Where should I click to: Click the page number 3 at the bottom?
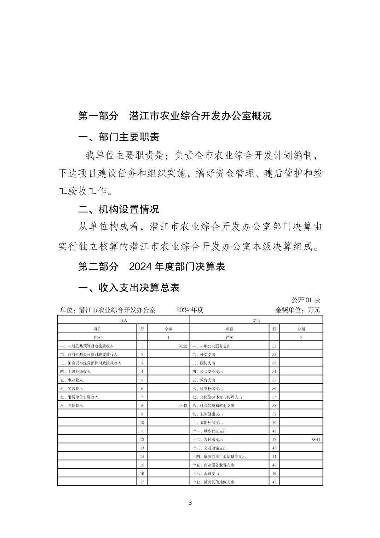190,503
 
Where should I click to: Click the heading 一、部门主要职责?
119,137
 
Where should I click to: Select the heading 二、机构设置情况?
119,209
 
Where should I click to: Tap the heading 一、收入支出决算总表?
129,287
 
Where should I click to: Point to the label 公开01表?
305,300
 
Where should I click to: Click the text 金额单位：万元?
298,310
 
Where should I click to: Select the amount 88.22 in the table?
183,346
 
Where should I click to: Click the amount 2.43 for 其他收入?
183,406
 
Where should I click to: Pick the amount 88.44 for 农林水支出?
316,440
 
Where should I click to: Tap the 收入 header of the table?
123,320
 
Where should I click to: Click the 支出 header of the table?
256,320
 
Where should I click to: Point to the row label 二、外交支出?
204,355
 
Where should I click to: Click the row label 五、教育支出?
204,380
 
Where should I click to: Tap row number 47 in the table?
274,482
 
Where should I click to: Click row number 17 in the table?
142,482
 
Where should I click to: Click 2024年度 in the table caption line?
190,310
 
